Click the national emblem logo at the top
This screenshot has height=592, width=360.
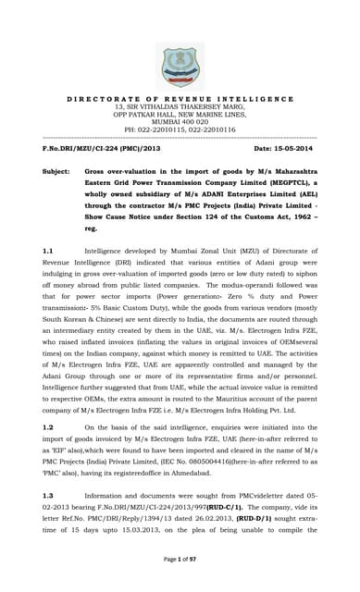180,64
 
